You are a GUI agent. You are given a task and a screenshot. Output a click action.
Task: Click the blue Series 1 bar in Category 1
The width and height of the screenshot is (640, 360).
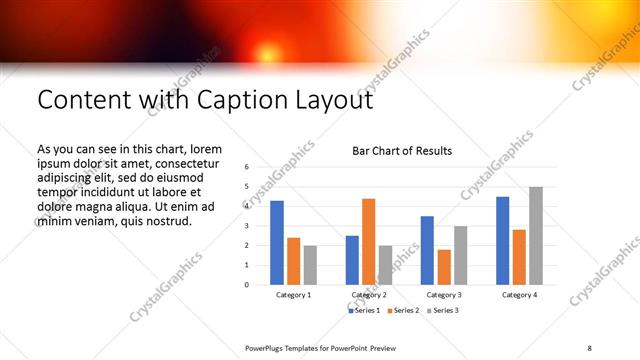click(277, 243)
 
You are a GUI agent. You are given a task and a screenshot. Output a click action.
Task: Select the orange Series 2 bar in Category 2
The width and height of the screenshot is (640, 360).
click(368, 241)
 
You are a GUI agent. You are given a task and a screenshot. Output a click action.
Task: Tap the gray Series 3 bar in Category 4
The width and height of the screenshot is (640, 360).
click(535, 235)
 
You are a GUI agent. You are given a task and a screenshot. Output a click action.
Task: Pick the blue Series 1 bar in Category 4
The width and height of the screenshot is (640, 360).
click(502, 240)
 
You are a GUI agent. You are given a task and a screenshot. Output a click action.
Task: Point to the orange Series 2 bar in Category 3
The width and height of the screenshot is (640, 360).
click(443, 267)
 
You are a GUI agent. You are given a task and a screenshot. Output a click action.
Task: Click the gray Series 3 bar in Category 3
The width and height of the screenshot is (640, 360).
click(460, 255)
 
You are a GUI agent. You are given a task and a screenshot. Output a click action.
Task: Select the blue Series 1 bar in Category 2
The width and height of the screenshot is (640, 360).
click(352, 260)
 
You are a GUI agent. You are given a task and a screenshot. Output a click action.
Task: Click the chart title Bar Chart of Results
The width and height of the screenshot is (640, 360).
click(402, 151)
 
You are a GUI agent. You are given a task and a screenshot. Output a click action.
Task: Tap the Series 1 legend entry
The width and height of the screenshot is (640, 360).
click(364, 311)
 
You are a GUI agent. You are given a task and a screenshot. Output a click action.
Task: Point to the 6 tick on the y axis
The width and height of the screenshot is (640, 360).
click(246, 167)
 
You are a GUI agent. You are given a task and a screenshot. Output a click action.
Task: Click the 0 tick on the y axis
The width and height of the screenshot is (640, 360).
click(246, 285)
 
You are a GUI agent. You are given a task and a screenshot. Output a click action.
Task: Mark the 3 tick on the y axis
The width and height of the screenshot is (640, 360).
click(246, 226)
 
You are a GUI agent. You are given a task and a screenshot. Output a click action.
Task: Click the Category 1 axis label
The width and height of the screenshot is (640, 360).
click(294, 296)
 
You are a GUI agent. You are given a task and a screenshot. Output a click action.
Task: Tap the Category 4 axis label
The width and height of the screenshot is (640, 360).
click(519, 296)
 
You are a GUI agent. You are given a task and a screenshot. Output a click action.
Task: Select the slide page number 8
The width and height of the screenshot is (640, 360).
click(590, 347)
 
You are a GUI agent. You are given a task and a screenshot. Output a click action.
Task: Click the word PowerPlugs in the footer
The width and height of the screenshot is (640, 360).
click(268, 347)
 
